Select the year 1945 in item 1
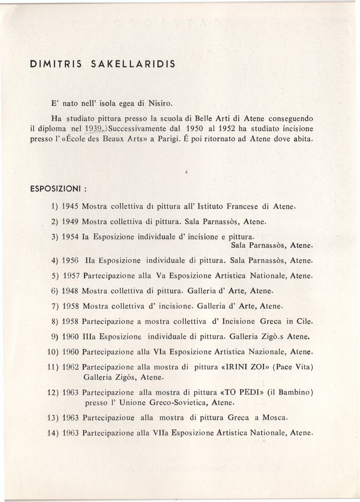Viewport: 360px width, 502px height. click(x=71, y=206)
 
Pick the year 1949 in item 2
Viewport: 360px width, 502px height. click(x=71, y=222)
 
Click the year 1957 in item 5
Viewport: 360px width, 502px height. click(x=71, y=276)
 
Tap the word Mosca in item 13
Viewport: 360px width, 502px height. click(x=275, y=418)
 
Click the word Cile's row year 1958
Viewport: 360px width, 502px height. click(x=71, y=322)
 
